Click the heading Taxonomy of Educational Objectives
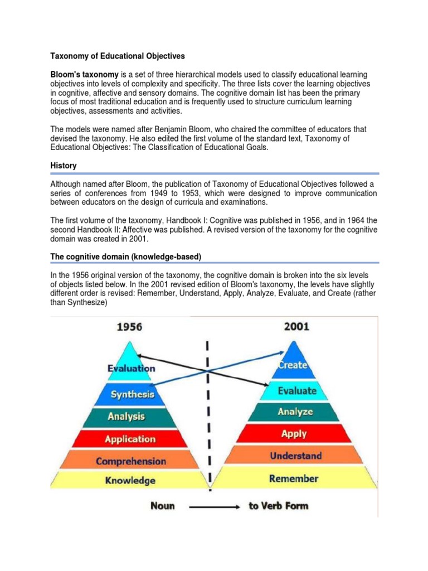pyautogui.click(x=118, y=56)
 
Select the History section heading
pyautogui.click(x=64, y=166)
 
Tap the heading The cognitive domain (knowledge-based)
pyautogui.click(x=125, y=256)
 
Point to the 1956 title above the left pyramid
pyautogui.click(x=129, y=327)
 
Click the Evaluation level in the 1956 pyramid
pyautogui.click(x=132, y=368)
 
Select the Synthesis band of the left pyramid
pyautogui.click(x=133, y=394)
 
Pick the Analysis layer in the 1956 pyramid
pyautogui.click(x=127, y=416)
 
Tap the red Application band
pyautogui.click(x=131, y=439)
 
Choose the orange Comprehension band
pyautogui.click(x=131, y=461)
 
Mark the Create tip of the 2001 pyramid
pyautogui.click(x=293, y=365)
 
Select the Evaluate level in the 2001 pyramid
pyautogui.click(x=296, y=390)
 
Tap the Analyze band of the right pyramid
pyautogui.click(x=295, y=412)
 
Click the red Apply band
pyautogui.click(x=294, y=433)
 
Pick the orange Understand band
pyautogui.click(x=295, y=456)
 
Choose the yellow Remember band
pyautogui.click(x=294, y=478)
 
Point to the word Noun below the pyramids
pyautogui.click(x=162, y=506)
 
